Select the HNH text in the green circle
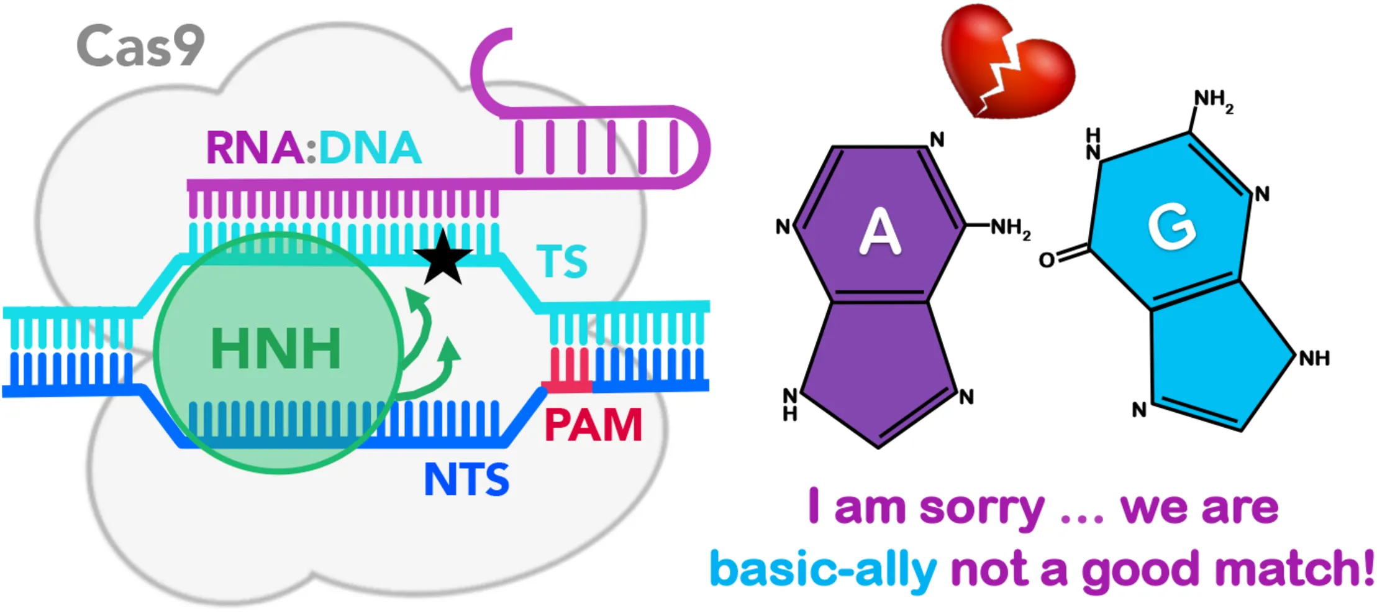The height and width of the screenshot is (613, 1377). [x=276, y=348]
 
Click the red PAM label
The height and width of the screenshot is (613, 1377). [x=593, y=425]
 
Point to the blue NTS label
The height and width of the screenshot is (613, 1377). [x=466, y=479]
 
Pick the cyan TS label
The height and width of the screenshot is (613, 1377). [x=561, y=261]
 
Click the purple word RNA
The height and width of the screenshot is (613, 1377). [x=255, y=148]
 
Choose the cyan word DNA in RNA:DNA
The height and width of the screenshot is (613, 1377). [x=370, y=148]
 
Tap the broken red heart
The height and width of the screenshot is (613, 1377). [x=1007, y=61]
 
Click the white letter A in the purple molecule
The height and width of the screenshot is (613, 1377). [x=879, y=231]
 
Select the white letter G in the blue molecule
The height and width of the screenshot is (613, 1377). [x=1172, y=228]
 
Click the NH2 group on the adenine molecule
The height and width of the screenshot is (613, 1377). [x=1010, y=228]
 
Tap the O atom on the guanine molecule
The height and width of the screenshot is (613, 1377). [x=1047, y=260]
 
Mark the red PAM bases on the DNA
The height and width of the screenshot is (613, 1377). [x=568, y=371]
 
